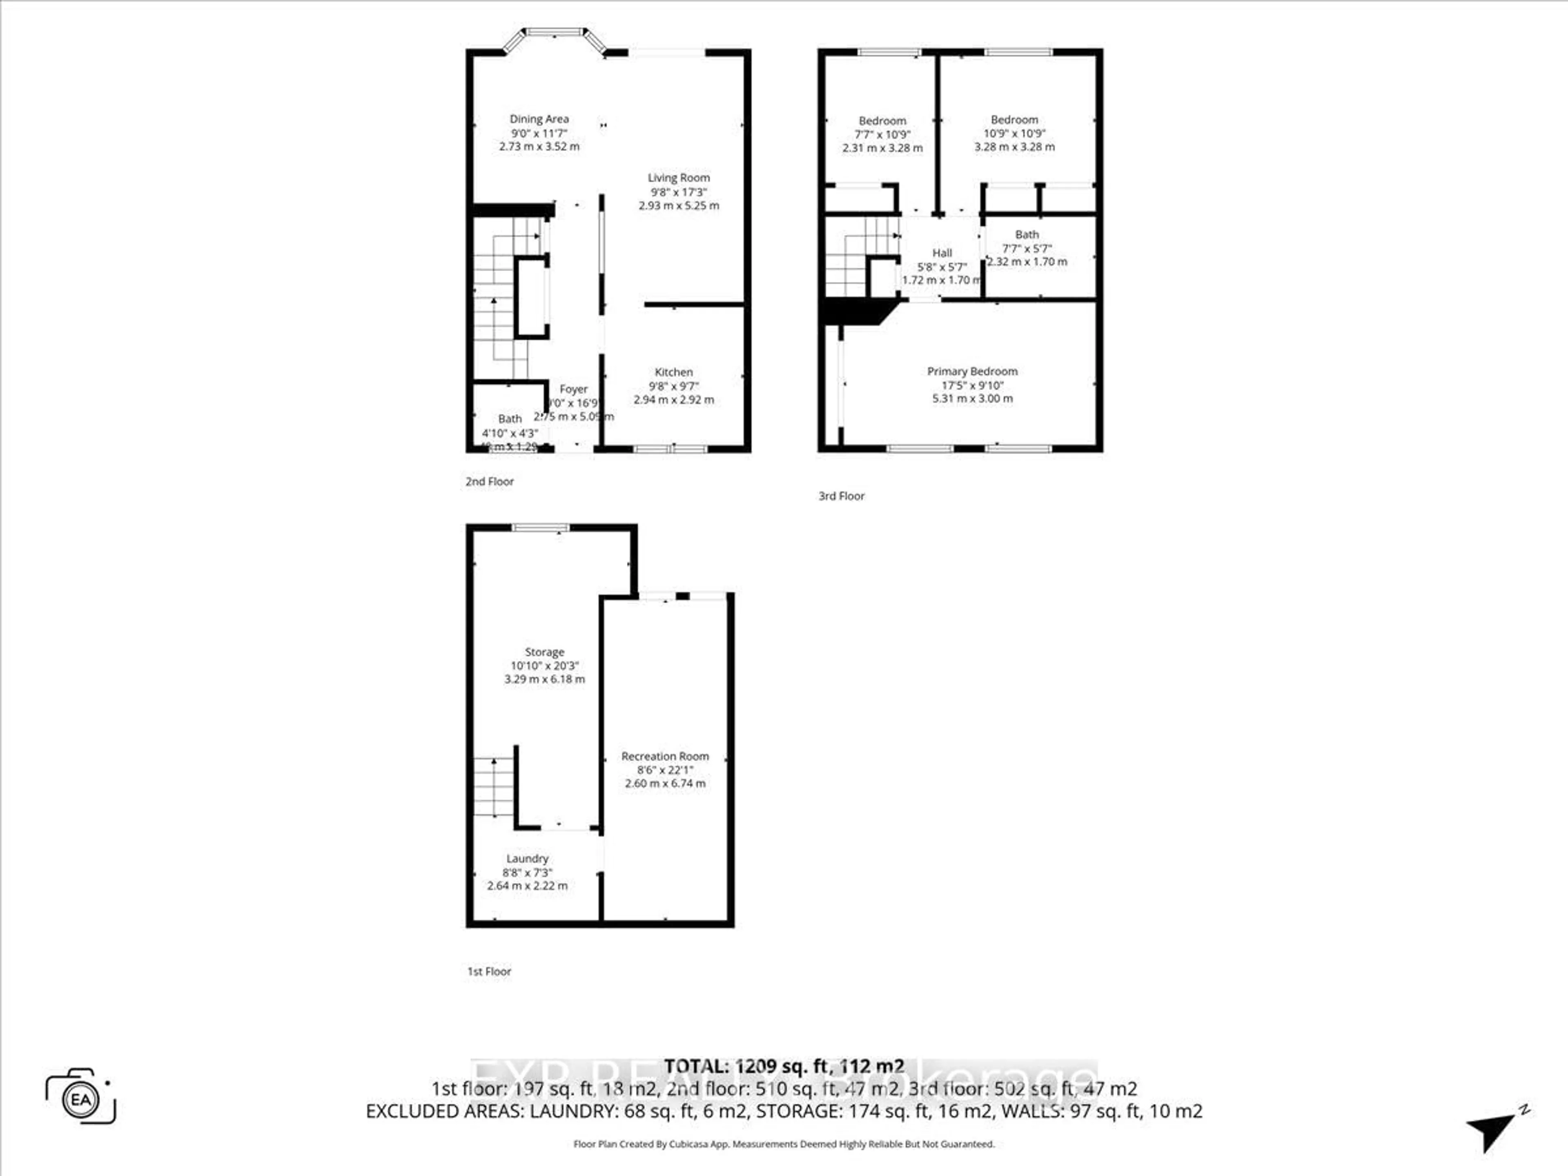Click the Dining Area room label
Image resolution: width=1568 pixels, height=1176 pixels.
tap(539, 119)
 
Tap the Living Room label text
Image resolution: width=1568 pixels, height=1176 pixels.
tap(678, 178)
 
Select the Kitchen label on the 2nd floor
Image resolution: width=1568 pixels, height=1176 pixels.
tap(673, 372)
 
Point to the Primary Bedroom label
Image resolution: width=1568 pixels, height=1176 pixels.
tap(972, 372)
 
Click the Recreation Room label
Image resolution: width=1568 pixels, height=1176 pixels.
tap(665, 756)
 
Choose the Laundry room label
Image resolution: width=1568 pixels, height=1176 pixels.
tap(528, 858)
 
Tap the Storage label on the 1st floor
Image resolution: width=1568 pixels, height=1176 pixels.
tap(544, 652)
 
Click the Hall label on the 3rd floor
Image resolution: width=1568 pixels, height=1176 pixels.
tap(942, 253)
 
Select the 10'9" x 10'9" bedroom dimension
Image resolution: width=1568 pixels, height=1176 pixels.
tap(1014, 133)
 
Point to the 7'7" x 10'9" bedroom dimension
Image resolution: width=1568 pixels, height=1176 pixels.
tap(882, 134)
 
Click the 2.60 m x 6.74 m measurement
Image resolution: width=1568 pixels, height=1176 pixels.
tap(665, 783)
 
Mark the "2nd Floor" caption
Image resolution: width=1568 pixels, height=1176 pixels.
tap(489, 481)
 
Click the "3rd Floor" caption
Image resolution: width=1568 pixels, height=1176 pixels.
tap(842, 496)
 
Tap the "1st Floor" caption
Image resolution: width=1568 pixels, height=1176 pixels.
tap(489, 971)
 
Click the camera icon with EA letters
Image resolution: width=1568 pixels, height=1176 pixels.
tap(81, 1100)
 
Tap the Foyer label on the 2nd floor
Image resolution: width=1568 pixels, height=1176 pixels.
tap(573, 389)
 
